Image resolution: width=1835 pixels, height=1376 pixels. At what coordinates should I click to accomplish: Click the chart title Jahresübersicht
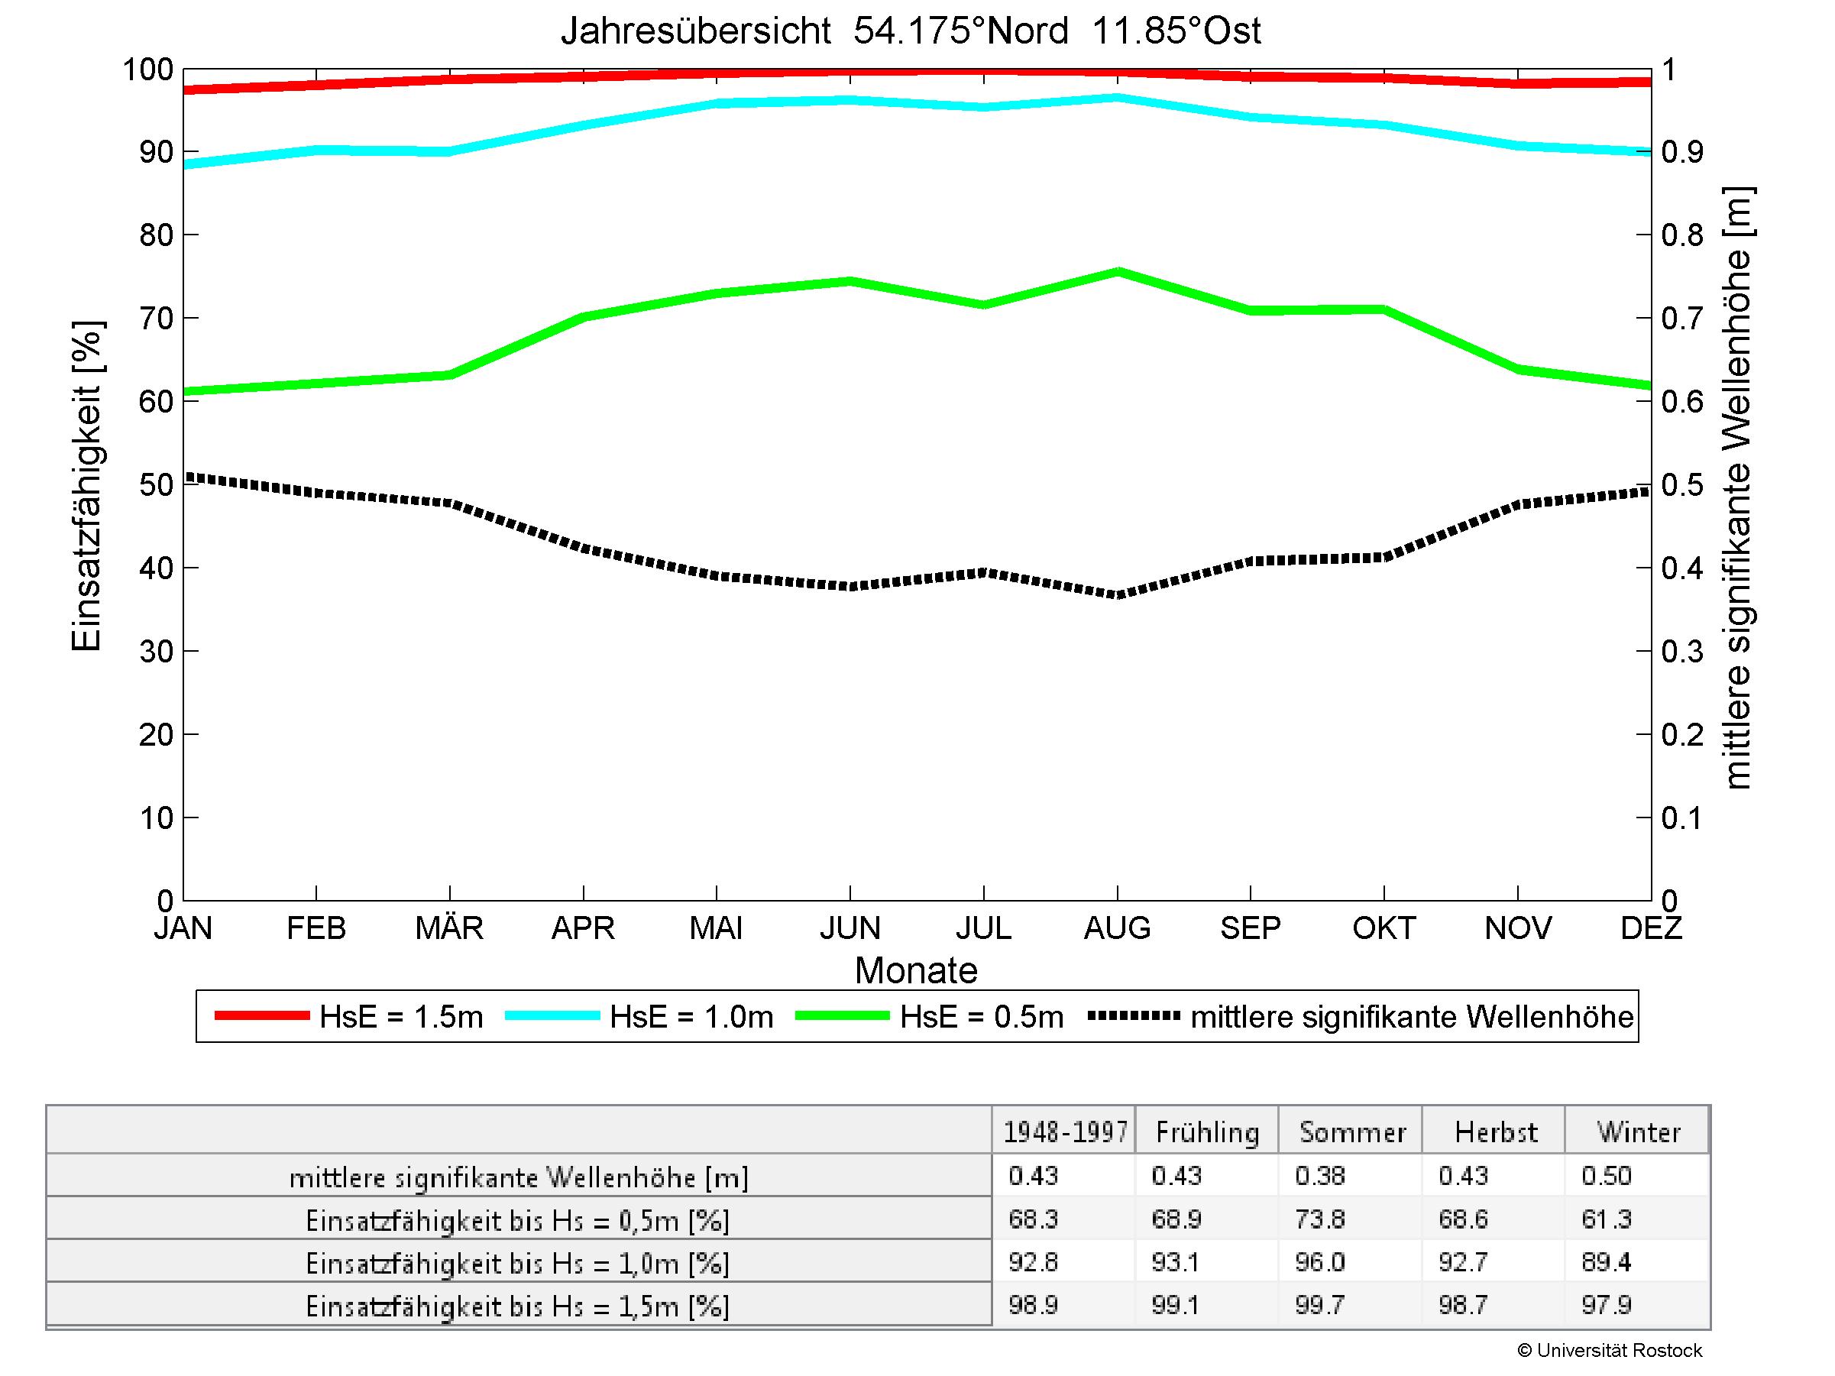point(910,31)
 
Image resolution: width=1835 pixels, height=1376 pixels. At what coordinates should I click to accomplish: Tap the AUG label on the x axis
point(1117,928)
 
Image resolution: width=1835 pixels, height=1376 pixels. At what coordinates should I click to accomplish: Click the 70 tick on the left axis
point(155,319)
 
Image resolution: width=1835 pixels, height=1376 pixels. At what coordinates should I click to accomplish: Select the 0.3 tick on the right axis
point(1681,652)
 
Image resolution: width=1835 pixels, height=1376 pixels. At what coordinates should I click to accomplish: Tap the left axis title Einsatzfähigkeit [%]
point(86,486)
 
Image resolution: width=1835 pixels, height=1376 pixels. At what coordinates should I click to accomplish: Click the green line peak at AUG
point(1118,271)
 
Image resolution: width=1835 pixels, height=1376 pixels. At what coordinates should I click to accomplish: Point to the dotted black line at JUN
point(850,585)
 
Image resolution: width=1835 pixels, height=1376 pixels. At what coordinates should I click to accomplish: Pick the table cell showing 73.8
point(1320,1219)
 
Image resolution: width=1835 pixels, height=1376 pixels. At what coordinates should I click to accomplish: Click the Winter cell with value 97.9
point(1606,1306)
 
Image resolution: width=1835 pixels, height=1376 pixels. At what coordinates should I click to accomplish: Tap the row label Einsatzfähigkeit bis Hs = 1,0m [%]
point(518,1263)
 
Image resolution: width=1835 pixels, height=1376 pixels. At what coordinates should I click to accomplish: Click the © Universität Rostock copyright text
point(1610,1350)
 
